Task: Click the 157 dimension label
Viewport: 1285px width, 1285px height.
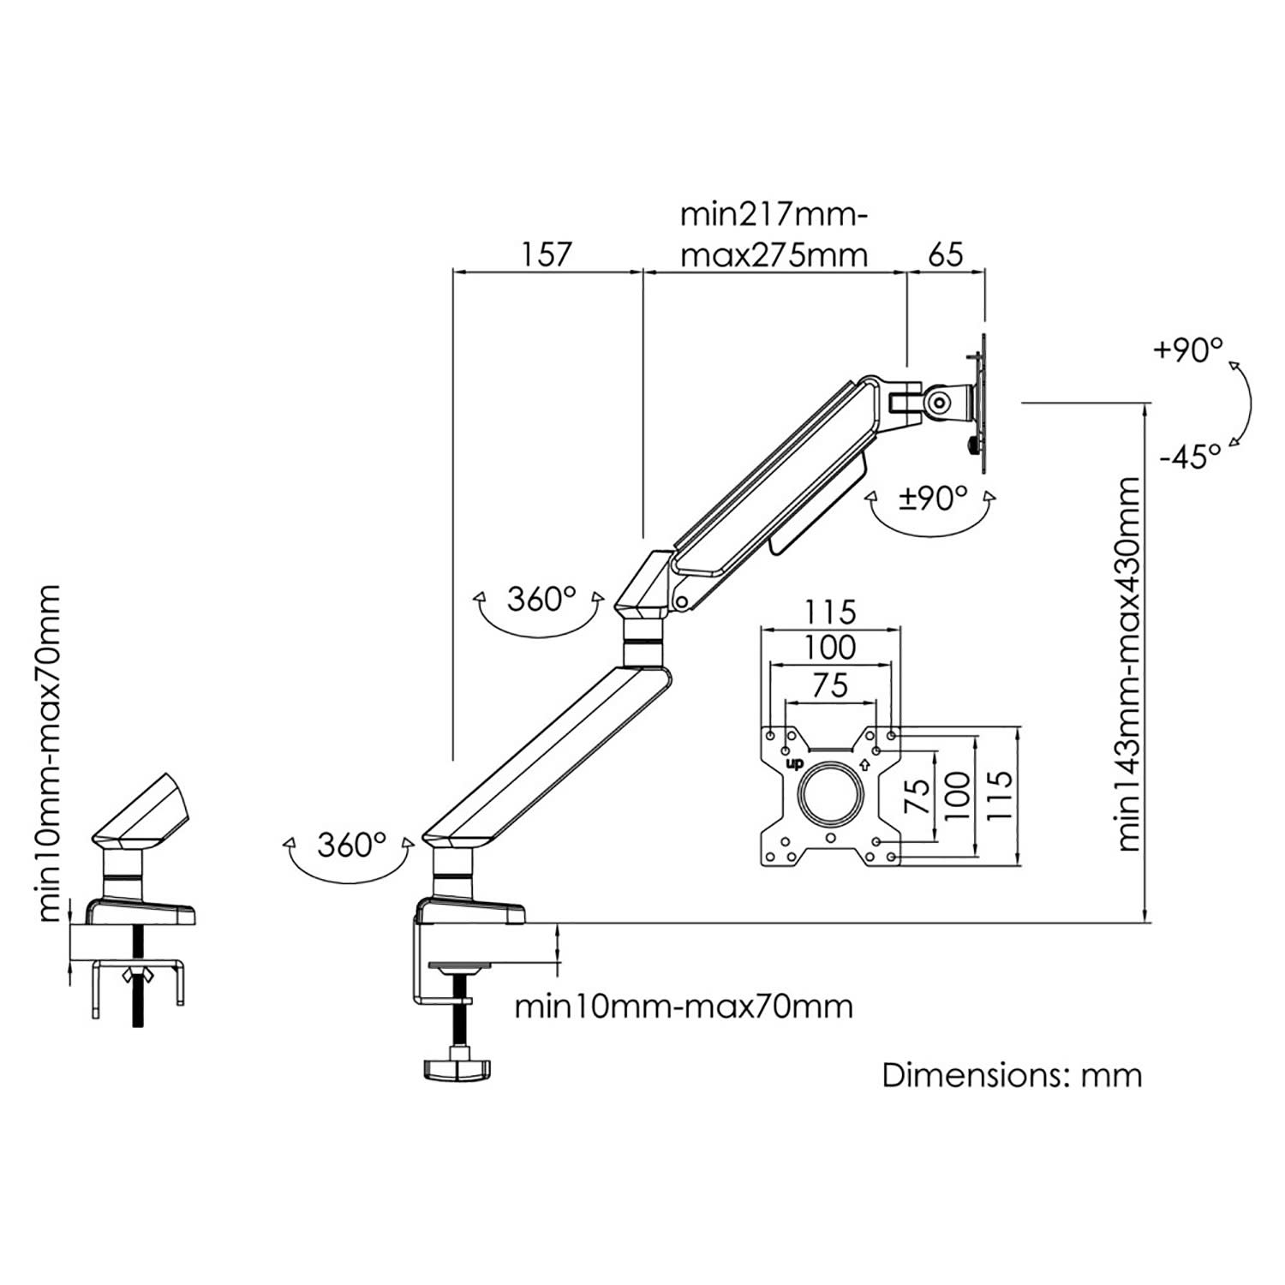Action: point(545,254)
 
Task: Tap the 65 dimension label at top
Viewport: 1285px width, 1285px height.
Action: point(945,254)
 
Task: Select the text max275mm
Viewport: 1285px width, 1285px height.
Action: point(773,255)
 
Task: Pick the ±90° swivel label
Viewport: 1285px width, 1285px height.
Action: point(932,498)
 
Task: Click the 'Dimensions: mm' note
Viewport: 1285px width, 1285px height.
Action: point(1012,1075)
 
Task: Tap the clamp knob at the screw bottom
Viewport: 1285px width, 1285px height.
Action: point(455,1068)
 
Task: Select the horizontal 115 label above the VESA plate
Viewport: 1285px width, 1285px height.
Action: point(830,613)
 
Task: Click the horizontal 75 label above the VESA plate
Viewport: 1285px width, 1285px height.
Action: point(830,684)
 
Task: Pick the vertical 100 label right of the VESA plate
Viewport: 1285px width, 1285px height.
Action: point(958,794)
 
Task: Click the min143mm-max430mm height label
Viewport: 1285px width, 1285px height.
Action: point(1129,665)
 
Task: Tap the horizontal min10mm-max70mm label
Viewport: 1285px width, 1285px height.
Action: point(684,1006)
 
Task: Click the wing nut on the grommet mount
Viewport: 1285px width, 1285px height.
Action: point(136,973)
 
